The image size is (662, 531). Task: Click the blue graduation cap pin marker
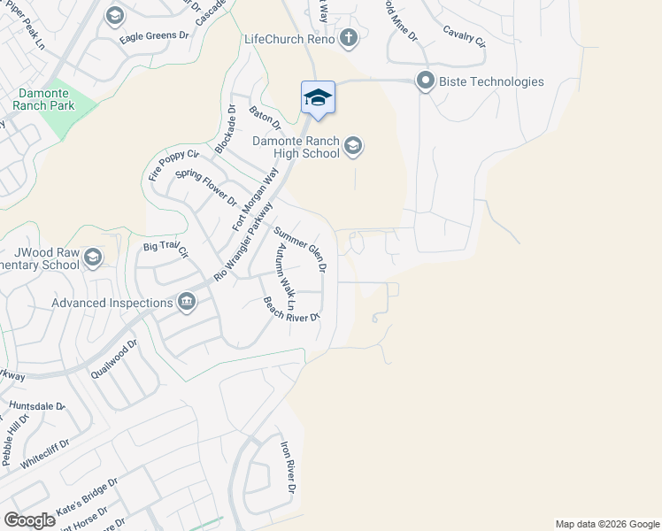click(x=318, y=97)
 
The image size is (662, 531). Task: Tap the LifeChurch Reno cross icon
click(x=349, y=38)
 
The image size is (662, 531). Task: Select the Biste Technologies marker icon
click(x=425, y=81)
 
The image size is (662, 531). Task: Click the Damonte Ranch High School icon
click(x=353, y=146)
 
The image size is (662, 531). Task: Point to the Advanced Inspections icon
click(x=187, y=303)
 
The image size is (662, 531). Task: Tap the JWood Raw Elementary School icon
click(x=93, y=257)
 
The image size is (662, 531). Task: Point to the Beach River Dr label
click(x=290, y=309)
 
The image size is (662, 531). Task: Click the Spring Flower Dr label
click(x=206, y=188)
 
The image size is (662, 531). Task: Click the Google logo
click(x=29, y=520)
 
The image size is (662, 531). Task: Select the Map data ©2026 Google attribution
click(x=606, y=524)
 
